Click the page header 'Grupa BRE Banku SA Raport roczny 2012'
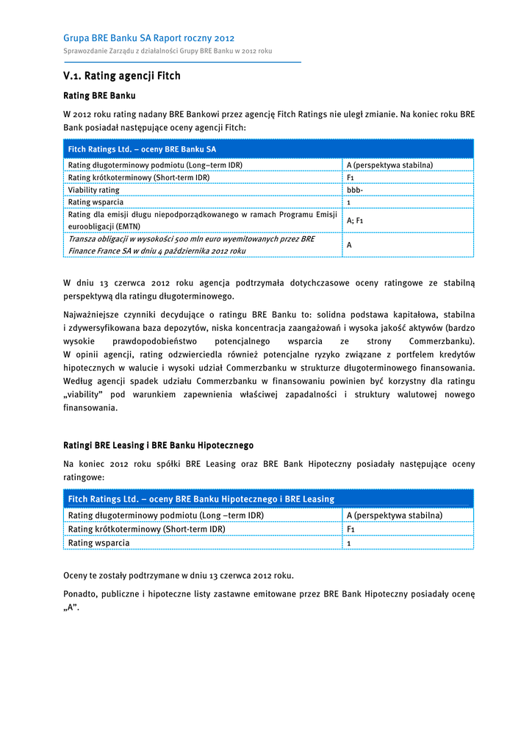pos(149,38)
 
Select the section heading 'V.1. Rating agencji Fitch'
pos(122,76)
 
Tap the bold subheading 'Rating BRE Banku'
pos(99,96)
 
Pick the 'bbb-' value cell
pos(355,190)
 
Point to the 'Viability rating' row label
pos(93,190)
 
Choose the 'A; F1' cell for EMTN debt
pos(355,220)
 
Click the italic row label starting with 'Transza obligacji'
pos(191,245)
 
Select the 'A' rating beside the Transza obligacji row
pos(349,245)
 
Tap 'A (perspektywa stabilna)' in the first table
pos(389,165)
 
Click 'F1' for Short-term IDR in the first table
pos(351,177)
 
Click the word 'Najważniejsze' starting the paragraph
pos(90,315)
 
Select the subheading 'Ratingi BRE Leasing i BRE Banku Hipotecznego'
pos(158,446)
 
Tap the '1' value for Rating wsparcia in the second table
pos(348,543)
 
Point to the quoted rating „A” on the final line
pos(71,608)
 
